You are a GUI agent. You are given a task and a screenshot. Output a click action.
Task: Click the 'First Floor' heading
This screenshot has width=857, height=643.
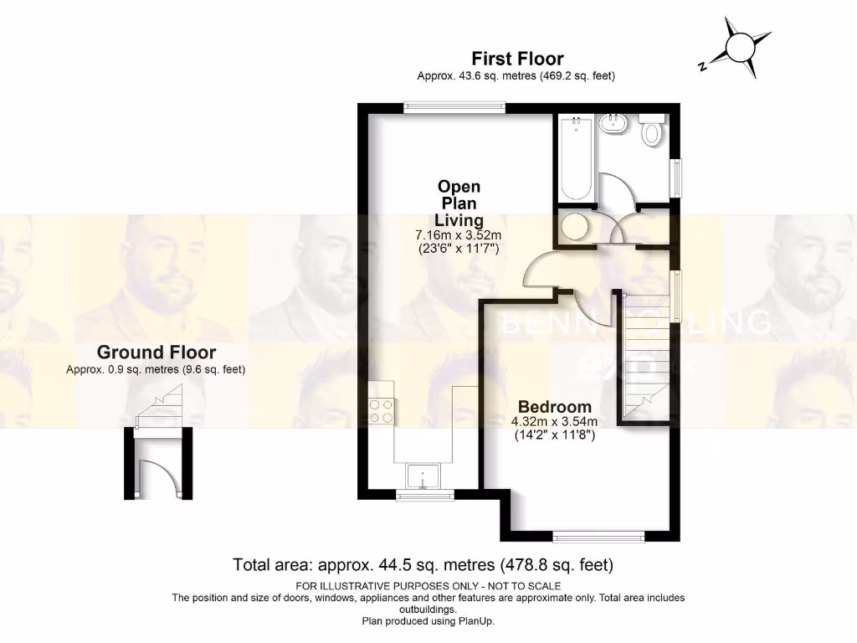(x=516, y=59)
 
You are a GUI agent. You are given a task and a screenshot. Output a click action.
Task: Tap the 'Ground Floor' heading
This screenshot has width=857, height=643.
(x=156, y=352)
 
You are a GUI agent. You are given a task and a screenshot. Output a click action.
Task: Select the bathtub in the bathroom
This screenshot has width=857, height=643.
(x=576, y=158)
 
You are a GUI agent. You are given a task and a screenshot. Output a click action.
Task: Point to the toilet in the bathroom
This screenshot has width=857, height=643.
(x=652, y=131)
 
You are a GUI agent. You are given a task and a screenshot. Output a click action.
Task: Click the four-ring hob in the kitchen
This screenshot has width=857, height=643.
(x=382, y=410)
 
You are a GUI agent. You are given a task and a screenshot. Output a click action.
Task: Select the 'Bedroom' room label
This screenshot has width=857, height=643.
(x=554, y=407)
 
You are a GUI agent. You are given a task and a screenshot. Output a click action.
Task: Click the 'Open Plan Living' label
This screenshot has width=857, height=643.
(x=459, y=203)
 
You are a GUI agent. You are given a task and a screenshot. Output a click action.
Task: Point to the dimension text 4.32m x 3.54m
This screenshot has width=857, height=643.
(x=554, y=421)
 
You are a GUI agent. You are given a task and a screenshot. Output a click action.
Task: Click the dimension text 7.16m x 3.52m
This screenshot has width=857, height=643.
(x=459, y=235)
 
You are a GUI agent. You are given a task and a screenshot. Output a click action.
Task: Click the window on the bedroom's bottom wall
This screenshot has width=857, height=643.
(x=598, y=536)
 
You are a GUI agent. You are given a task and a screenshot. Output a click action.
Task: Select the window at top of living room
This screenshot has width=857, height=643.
(x=453, y=106)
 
